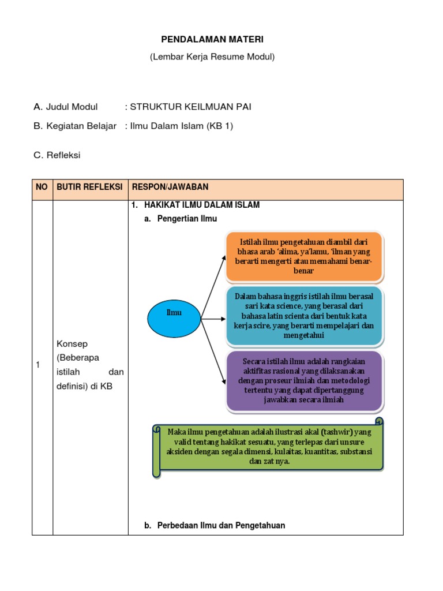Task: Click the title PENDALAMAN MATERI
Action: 212,39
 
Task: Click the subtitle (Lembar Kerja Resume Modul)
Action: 212,57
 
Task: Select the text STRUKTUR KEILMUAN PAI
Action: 190,107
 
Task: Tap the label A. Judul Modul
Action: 66,107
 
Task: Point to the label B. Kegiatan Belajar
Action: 75,126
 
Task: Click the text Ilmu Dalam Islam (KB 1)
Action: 181,126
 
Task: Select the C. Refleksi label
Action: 57,155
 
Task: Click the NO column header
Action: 42,187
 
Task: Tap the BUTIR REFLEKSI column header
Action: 89,187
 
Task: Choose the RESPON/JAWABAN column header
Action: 170,187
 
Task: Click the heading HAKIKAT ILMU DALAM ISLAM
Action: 202,205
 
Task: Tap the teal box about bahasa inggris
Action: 304,315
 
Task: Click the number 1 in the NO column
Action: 38,365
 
